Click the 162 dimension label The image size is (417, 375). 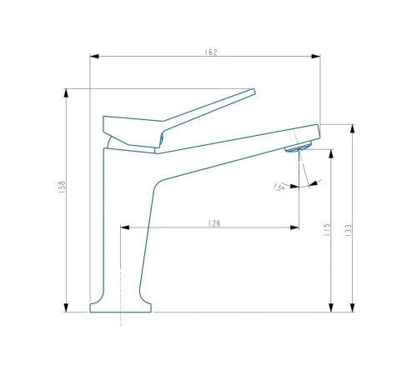[x=211, y=52]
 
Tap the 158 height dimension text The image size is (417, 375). [x=62, y=187]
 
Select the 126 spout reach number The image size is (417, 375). [x=214, y=223]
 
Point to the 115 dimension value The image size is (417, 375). [x=327, y=230]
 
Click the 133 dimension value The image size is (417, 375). [x=348, y=230]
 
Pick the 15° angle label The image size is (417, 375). [x=279, y=187]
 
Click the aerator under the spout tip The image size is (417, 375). [x=298, y=147]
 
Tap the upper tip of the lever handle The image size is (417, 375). [x=254, y=89]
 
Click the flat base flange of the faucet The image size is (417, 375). [x=120, y=307]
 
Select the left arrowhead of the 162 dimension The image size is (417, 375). [x=94, y=57]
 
